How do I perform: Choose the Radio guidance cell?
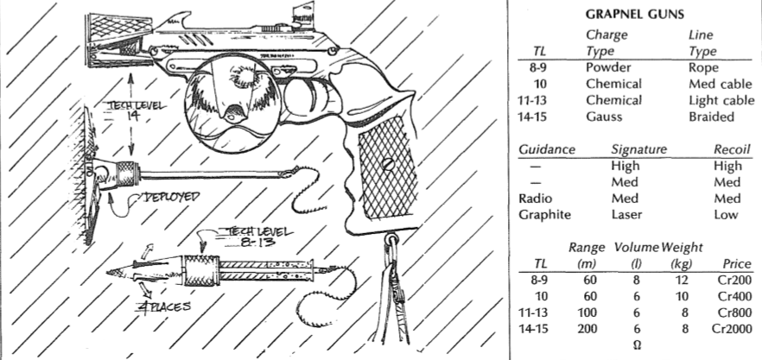(x=537, y=198)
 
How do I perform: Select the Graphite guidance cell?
(x=543, y=213)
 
